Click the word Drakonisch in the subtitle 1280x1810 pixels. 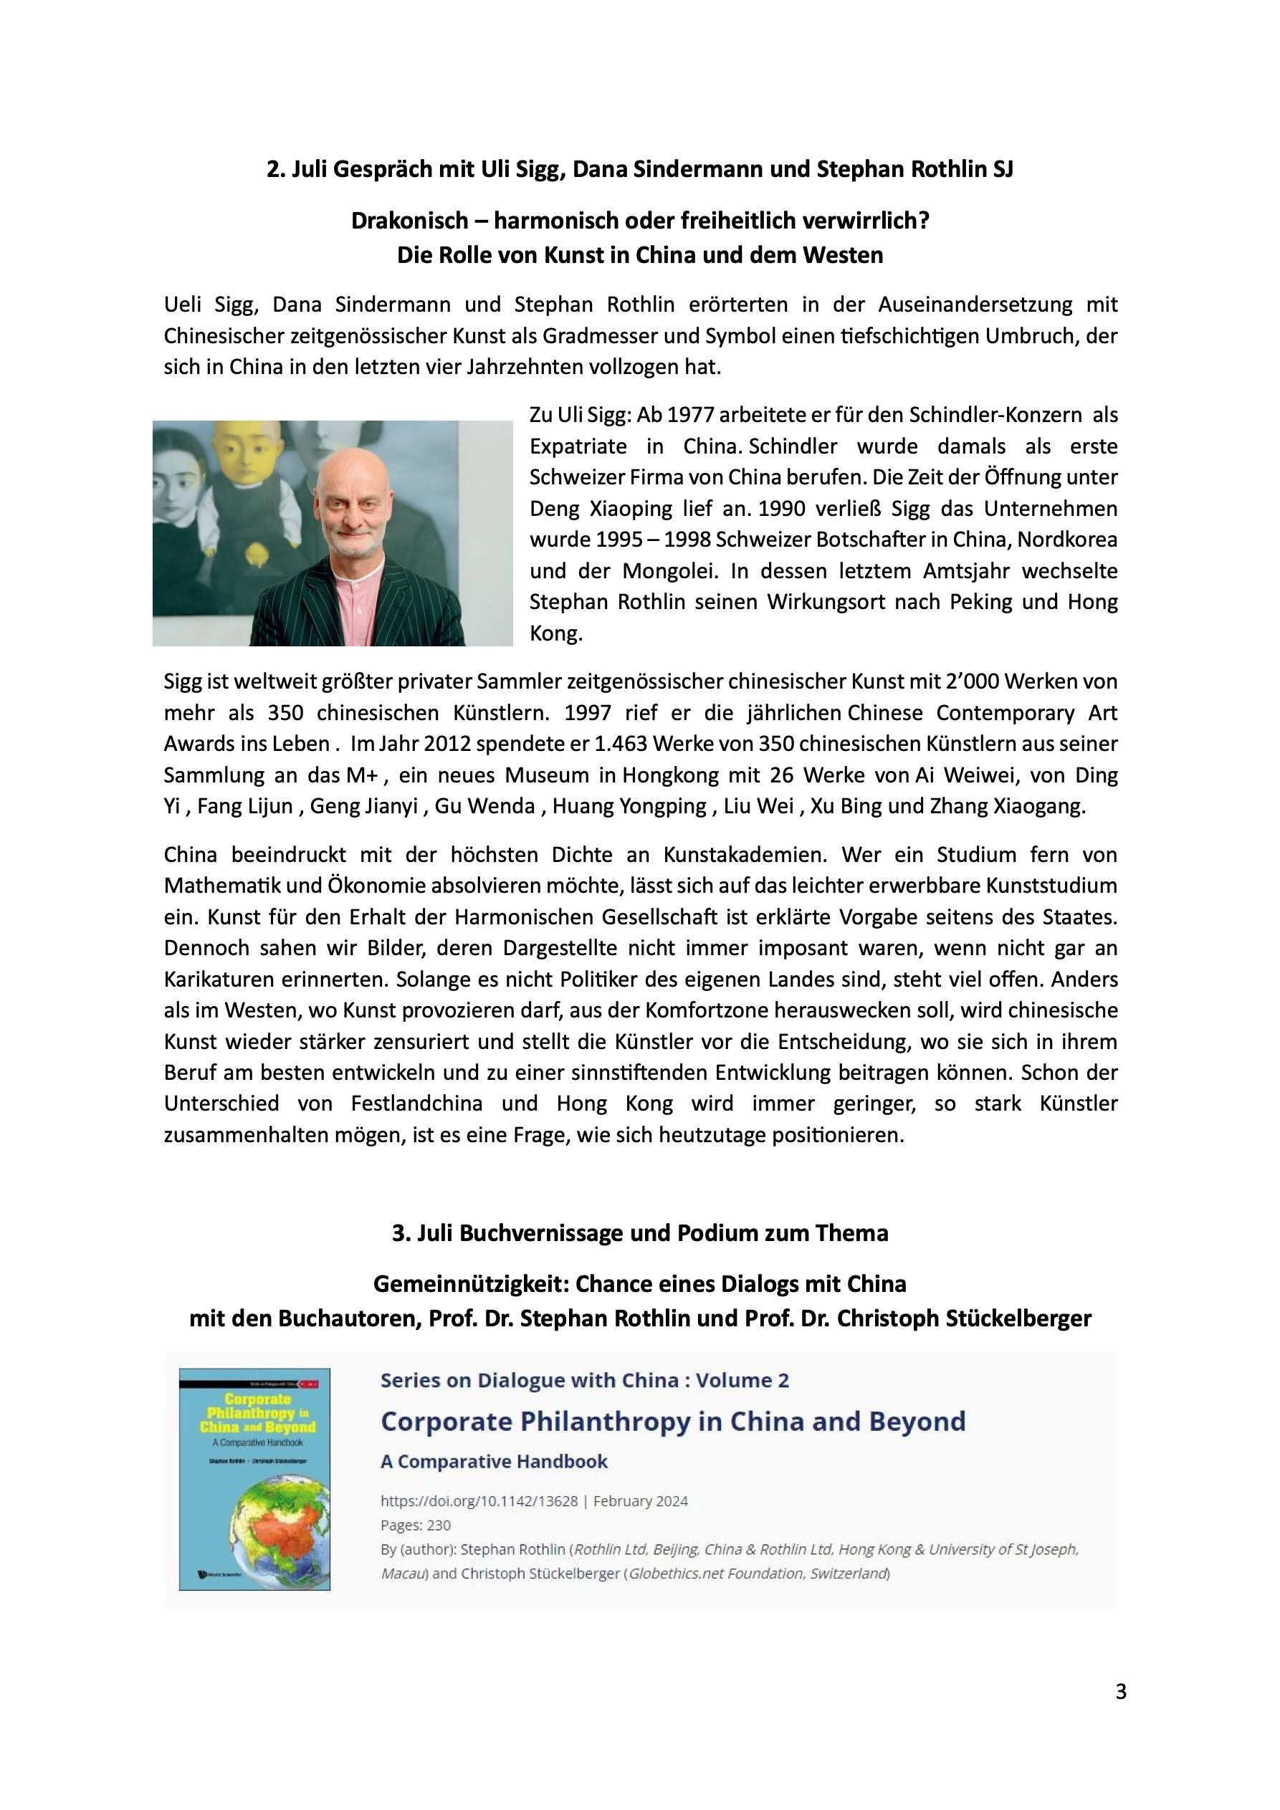(409, 221)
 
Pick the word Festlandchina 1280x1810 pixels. (416, 1103)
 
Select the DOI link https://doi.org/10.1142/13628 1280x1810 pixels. (479, 1501)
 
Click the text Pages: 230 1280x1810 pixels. (416, 1525)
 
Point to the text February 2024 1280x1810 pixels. (641, 1501)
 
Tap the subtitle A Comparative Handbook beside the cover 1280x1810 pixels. (494, 1462)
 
